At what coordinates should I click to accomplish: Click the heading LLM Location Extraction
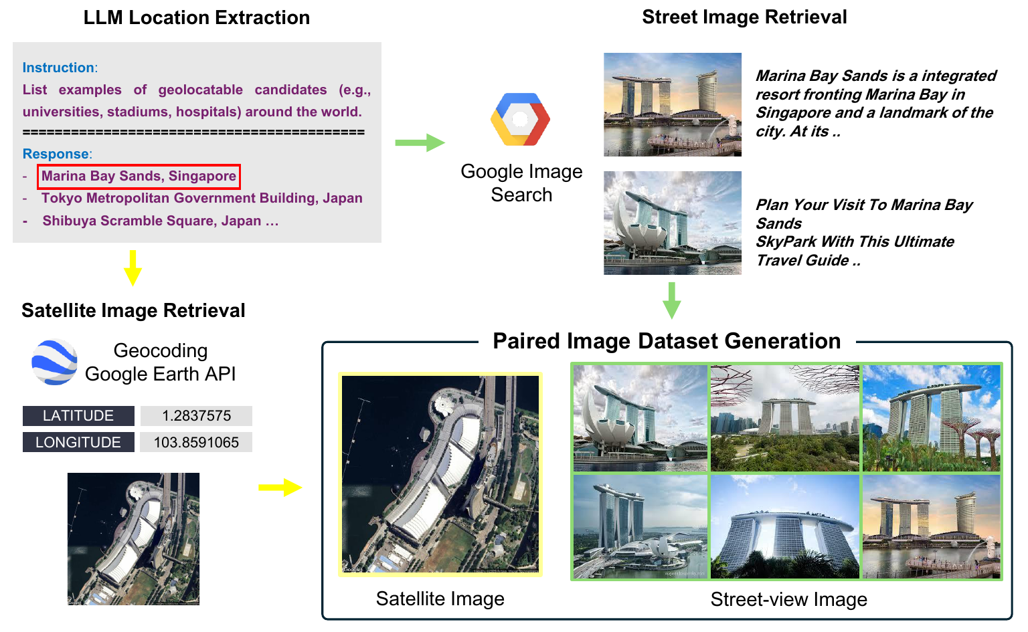[x=196, y=17]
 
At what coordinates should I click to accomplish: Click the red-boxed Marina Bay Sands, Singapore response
[x=139, y=177]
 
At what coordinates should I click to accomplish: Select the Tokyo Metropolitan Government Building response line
[x=201, y=199]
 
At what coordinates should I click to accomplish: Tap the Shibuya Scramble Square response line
[x=160, y=221]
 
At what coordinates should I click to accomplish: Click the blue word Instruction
[x=58, y=68]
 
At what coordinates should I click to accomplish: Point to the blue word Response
[x=56, y=154]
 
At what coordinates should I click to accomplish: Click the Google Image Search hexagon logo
[x=520, y=119]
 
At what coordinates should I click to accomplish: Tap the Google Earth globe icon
[x=54, y=362]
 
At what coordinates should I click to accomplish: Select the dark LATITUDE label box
[x=78, y=416]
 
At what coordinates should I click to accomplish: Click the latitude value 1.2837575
[x=196, y=416]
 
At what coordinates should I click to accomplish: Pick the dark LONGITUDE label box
[x=78, y=443]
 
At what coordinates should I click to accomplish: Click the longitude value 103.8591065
[x=196, y=443]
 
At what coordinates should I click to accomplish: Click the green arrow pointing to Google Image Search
[x=420, y=142]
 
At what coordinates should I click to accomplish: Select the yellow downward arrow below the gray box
[x=133, y=268]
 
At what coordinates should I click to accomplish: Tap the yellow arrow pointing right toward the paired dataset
[x=280, y=488]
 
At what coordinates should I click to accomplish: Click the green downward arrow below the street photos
[x=671, y=300]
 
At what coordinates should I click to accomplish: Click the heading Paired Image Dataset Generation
[x=667, y=341]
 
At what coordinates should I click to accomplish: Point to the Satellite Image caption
[x=440, y=599]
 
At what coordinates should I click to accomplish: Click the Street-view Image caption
[x=788, y=600]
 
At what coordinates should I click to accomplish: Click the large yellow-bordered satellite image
[x=440, y=474]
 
